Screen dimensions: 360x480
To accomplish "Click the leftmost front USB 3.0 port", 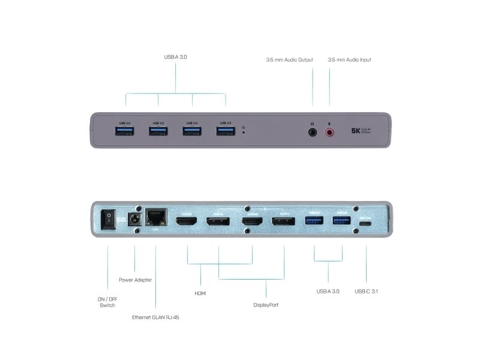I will (x=125, y=131).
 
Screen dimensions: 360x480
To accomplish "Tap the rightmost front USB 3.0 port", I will (x=226, y=131).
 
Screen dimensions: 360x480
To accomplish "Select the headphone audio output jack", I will (x=313, y=131).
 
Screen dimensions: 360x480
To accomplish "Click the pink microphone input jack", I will (x=329, y=131).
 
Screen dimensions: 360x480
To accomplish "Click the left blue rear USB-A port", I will (x=315, y=221).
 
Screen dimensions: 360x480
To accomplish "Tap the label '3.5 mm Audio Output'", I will (x=290, y=60).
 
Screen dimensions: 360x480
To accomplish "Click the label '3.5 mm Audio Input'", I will (x=349, y=60).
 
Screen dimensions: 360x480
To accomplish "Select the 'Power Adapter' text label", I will (x=135, y=280).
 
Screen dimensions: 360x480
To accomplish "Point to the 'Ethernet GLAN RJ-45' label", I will (x=155, y=317).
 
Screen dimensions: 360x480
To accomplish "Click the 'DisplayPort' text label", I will (x=266, y=305).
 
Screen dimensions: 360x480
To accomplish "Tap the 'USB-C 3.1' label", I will (x=366, y=292).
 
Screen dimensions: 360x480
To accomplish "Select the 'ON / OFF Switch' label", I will (x=107, y=302).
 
